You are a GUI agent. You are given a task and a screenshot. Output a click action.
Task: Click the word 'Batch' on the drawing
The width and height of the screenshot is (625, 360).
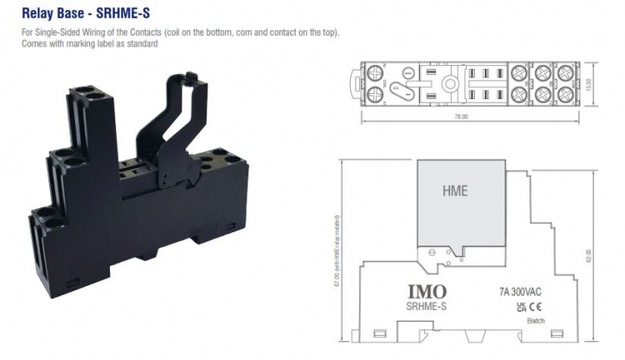pyautogui.click(x=536, y=322)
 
